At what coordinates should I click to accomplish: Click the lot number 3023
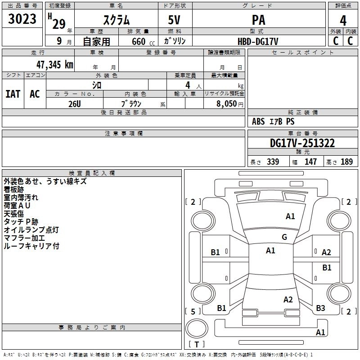click(22, 19)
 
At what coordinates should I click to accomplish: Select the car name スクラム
click(117, 20)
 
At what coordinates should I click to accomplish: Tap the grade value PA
click(258, 20)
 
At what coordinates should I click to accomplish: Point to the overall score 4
click(343, 20)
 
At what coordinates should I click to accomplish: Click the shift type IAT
click(13, 94)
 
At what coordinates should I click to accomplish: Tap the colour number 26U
click(74, 103)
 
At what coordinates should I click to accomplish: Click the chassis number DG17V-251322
click(302, 143)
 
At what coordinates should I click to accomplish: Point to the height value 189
click(346, 162)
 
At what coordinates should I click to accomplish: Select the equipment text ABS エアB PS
click(273, 121)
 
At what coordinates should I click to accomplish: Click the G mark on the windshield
click(284, 237)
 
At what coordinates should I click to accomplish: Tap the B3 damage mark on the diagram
click(320, 308)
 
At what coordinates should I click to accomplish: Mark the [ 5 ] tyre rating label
click(193, 311)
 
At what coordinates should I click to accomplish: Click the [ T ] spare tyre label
click(197, 344)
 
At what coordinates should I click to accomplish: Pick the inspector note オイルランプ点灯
click(31, 230)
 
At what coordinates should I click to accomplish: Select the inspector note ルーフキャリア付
click(31, 246)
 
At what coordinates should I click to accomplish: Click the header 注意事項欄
click(123, 134)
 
